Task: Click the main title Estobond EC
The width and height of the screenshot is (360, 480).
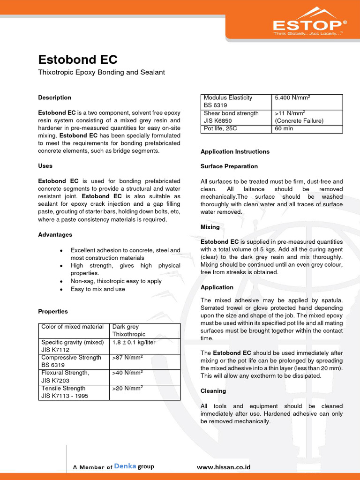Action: pyautogui.click(x=77, y=60)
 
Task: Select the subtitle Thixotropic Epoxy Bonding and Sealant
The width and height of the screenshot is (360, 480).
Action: pyautogui.click(x=101, y=73)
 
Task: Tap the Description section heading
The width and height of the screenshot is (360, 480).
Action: pyautogui.click(x=54, y=97)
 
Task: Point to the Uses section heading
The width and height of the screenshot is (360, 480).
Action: pyautogui.click(x=45, y=166)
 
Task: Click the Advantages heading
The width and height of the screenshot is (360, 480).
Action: pyautogui.click(x=55, y=234)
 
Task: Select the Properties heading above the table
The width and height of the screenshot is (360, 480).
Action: pyautogui.click(x=52, y=311)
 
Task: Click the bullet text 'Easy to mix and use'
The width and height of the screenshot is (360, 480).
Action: pyautogui.click(x=97, y=289)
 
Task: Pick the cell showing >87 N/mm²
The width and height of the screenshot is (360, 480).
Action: pyautogui.click(x=127, y=358)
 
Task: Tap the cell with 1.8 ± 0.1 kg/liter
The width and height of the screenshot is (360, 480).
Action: pyautogui.click(x=134, y=342)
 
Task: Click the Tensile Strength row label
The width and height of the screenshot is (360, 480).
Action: pyautogui.click(x=63, y=388)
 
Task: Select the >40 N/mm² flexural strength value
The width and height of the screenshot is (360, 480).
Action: pyautogui.click(x=127, y=373)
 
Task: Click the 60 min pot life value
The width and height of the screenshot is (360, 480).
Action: pyautogui.click(x=284, y=128)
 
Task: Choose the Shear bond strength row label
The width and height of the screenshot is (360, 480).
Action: pyautogui.click(x=231, y=113)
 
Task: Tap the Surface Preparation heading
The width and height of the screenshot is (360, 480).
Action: pyautogui.click(x=229, y=166)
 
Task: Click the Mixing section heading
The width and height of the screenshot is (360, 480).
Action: pyautogui.click(x=210, y=227)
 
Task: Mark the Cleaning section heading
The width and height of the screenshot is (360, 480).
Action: pyautogui.click(x=213, y=391)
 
